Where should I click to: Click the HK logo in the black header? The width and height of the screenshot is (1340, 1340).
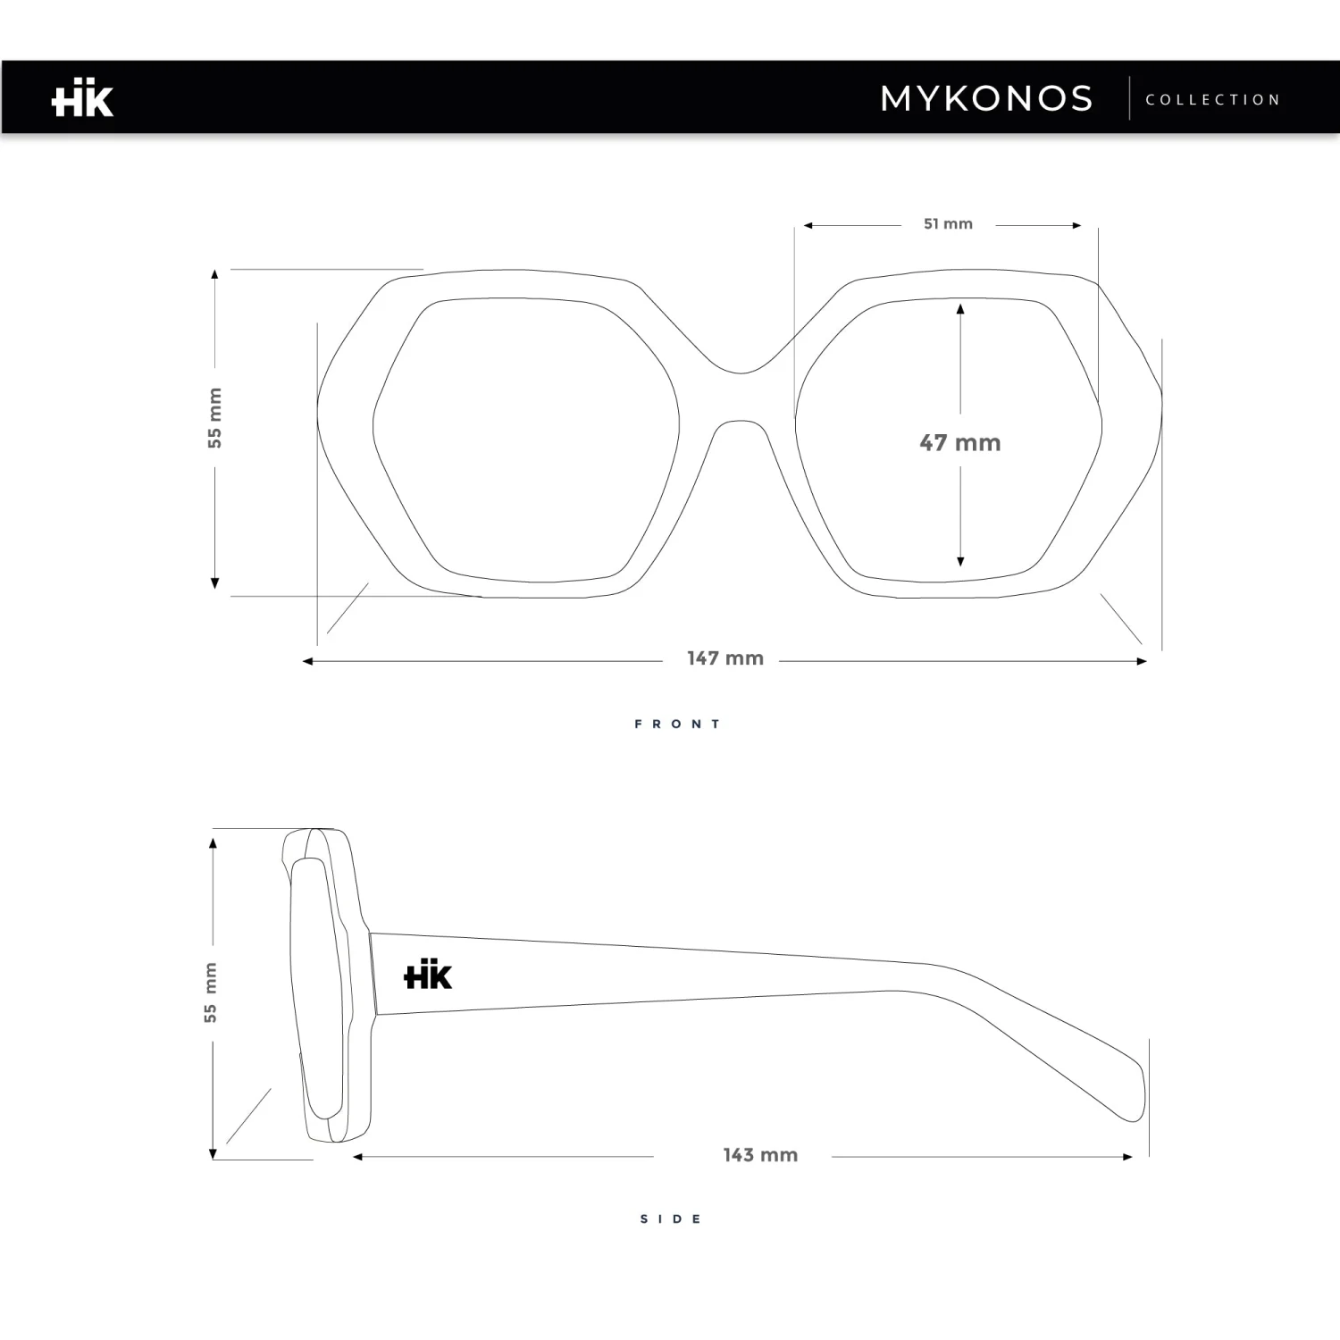click(82, 100)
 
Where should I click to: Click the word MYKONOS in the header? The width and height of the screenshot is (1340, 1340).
click(986, 99)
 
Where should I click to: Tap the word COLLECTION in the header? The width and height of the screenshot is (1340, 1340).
click(1213, 100)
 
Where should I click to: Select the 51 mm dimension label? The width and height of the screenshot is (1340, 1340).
click(948, 224)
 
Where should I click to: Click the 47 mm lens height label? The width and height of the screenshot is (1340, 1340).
click(959, 443)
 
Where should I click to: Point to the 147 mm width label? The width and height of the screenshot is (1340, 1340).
click(724, 659)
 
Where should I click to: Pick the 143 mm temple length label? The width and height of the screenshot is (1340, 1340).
click(760, 1155)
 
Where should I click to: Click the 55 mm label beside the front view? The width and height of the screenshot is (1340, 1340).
click(215, 418)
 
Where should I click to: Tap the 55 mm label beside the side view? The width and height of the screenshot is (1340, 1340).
click(211, 992)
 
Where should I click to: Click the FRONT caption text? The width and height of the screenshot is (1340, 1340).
click(677, 724)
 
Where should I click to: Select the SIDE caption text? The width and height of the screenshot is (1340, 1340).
click(671, 1219)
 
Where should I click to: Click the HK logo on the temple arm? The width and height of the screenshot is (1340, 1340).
click(428, 975)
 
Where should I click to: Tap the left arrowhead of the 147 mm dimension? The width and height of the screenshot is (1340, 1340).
click(307, 662)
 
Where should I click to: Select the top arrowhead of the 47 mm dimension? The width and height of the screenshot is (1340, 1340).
click(960, 309)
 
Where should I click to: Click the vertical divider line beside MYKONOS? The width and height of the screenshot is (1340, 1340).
click(1129, 98)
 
